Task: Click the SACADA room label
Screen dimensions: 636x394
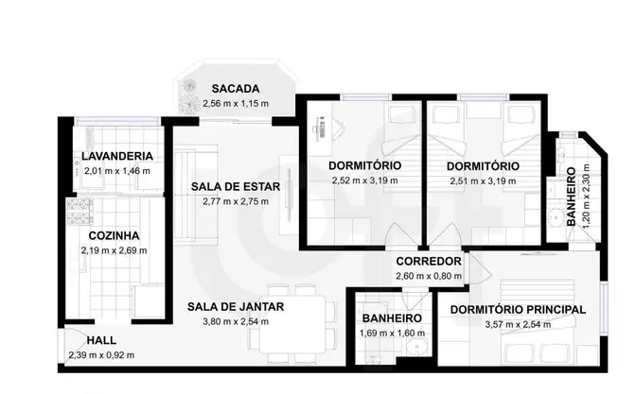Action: (236, 88)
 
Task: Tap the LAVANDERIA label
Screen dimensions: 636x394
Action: (117, 156)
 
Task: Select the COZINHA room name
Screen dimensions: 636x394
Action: (114, 235)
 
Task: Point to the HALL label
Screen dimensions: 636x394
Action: (101, 340)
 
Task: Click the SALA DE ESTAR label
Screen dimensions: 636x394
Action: (236, 187)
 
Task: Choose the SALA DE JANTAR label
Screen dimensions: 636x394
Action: (236, 307)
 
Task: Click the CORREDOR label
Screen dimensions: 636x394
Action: (429, 261)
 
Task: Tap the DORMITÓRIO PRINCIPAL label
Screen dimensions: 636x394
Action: (518, 310)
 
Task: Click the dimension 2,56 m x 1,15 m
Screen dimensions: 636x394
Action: (236, 103)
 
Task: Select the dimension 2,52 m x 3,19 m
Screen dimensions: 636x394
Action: (364, 180)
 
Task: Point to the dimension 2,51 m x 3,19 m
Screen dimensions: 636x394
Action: (483, 181)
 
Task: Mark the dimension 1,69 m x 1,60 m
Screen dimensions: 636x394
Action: (392, 334)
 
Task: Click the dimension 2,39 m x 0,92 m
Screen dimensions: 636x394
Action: (101, 355)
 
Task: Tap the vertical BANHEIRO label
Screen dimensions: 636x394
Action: (571, 197)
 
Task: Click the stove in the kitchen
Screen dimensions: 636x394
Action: (79, 211)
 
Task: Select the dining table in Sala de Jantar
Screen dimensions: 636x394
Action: (292, 324)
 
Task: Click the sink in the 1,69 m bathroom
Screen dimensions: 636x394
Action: (415, 346)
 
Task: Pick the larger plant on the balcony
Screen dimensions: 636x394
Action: (189, 104)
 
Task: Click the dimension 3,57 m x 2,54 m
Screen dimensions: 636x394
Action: (518, 325)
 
